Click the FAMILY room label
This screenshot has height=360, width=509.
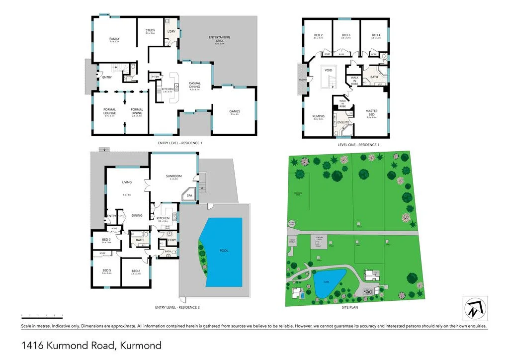(114, 39)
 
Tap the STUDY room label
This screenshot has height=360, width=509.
(150, 30)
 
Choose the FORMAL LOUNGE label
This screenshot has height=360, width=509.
(109, 111)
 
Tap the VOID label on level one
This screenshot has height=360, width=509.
(328, 71)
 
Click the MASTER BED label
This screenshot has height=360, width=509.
(371, 113)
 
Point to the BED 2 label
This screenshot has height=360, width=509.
(319, 35)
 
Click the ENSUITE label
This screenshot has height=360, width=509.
(342, 122)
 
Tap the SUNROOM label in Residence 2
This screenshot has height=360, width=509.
(173, 176)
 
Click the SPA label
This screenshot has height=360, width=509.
(189, 196)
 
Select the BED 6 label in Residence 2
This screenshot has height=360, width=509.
(136, 271)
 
